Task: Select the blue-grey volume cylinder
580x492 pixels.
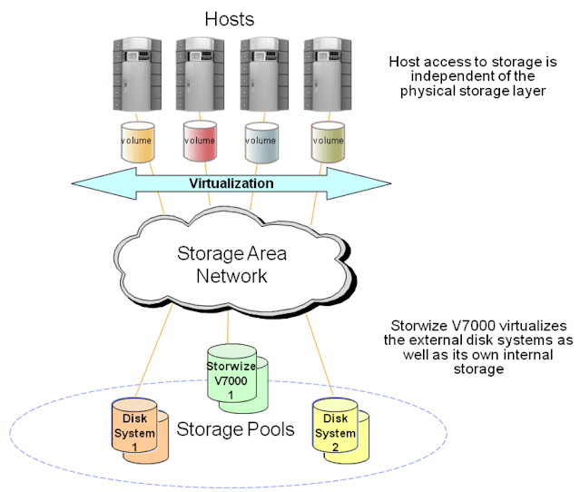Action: (x=262, y=142)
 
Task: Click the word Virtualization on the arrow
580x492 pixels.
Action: (x=231, y=183)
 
